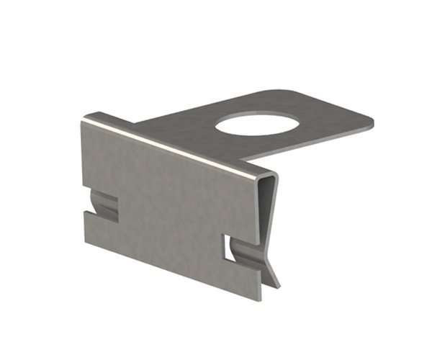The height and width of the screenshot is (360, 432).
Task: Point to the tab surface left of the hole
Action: [x=187, y=122]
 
